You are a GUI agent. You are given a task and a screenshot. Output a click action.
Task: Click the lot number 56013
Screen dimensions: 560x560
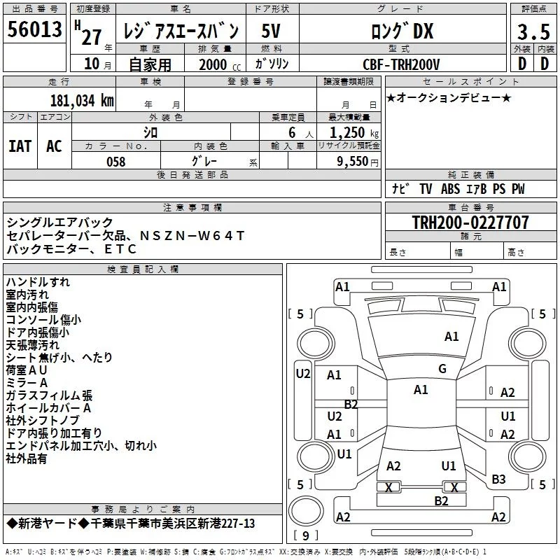point(36,30)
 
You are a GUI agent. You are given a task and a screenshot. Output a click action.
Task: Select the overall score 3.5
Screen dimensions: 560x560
point(532,31)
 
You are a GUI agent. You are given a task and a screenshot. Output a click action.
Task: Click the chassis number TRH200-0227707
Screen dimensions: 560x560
point(470,223)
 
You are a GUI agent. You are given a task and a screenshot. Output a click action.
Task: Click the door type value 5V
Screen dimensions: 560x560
point(272,31)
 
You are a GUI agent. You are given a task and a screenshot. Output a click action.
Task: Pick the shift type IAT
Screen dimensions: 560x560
point(20,146)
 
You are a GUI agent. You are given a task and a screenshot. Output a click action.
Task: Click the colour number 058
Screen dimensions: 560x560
point(115,162)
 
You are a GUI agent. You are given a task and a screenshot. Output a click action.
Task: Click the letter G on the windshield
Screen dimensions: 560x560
point(442,369)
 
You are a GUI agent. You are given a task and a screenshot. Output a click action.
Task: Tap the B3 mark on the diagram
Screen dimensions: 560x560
point(498,479)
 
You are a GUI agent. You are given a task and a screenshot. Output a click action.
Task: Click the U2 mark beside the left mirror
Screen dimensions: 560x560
point(302,373)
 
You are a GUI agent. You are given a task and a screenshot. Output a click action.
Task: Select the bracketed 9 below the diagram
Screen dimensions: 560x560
point(306,535)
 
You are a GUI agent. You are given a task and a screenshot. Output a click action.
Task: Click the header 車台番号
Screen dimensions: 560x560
point(470,207)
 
